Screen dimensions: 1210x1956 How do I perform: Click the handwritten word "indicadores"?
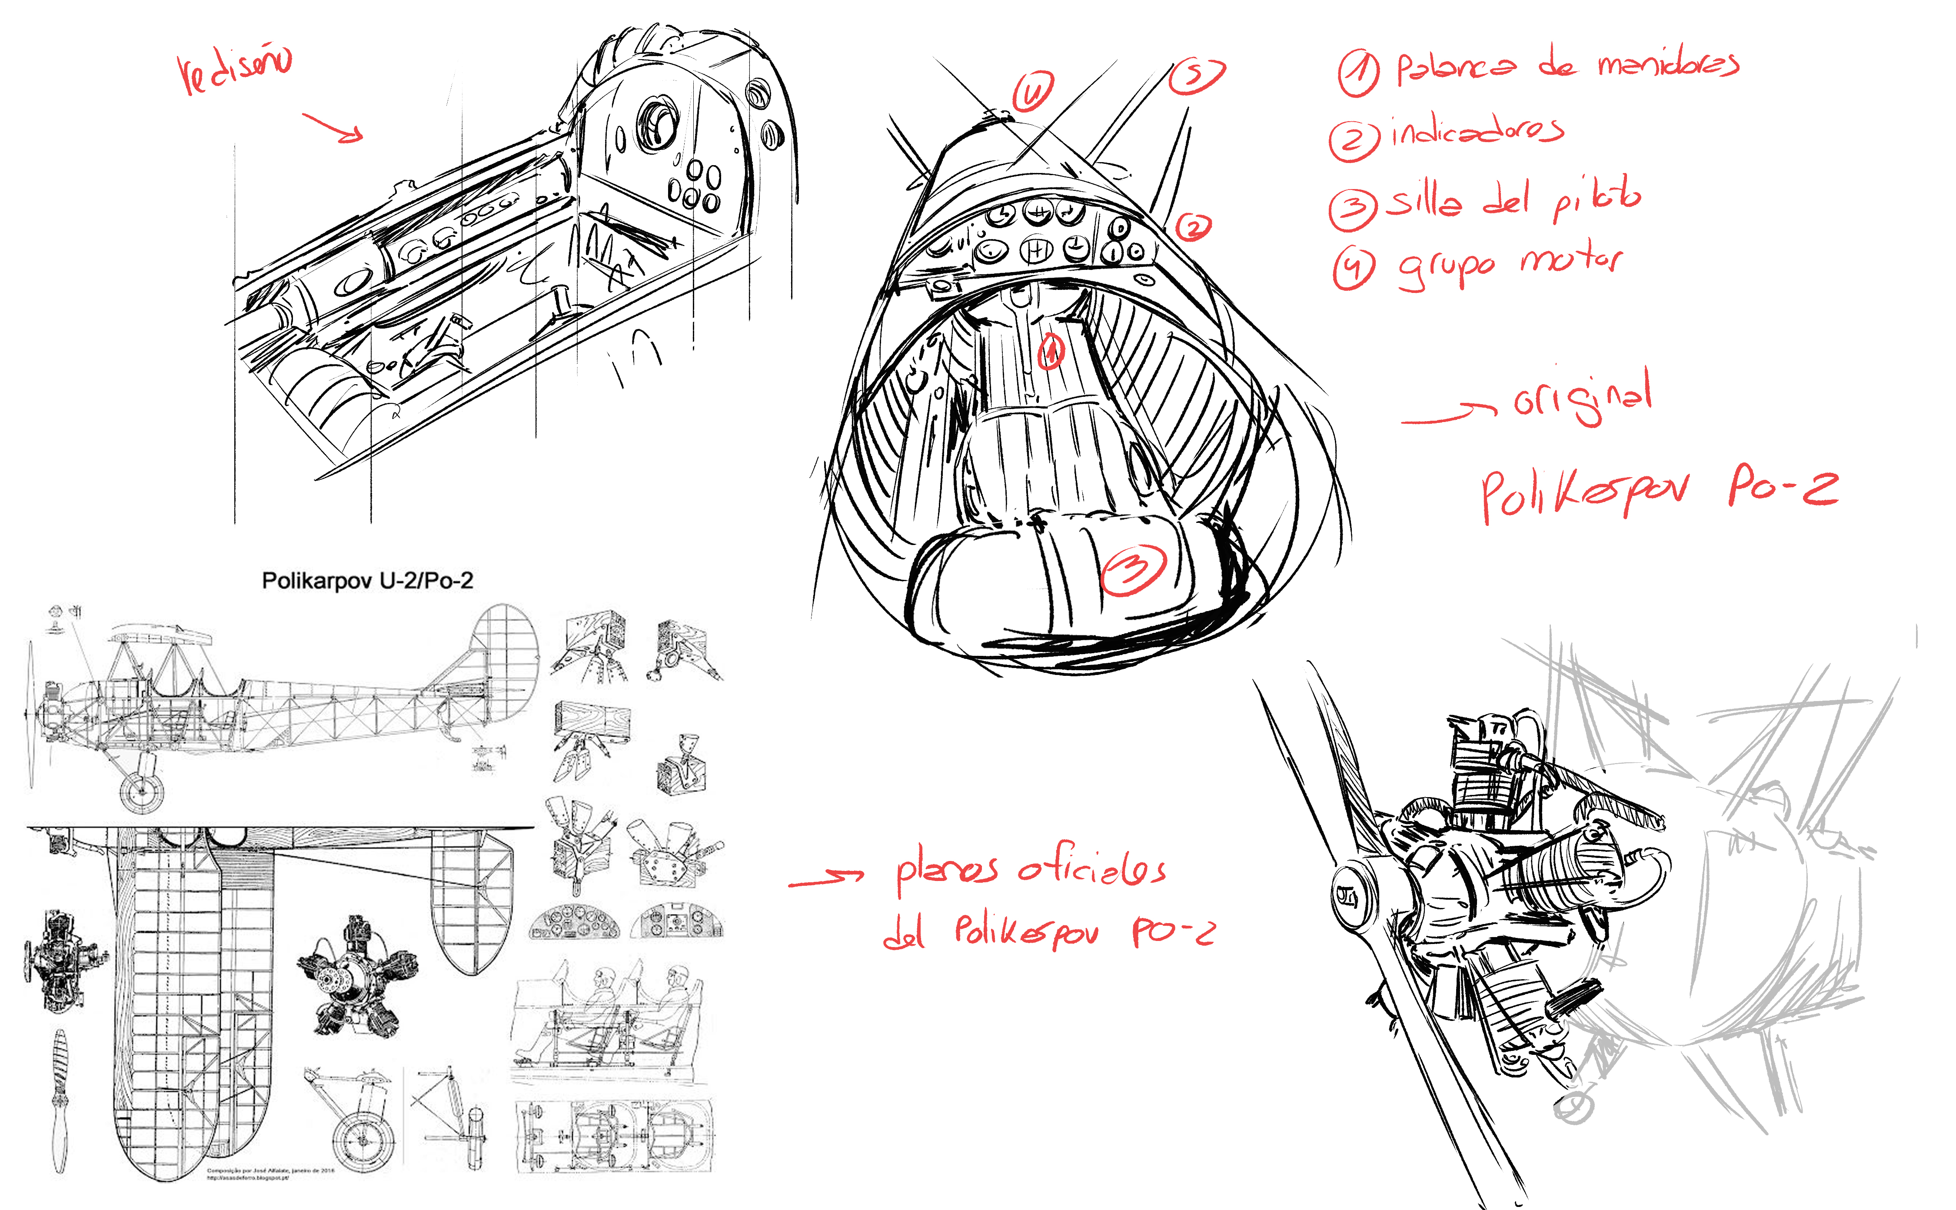pos(1477,133)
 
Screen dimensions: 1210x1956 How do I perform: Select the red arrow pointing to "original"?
pos(1447,415)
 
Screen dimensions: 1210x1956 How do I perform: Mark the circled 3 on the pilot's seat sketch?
pos(1134,570)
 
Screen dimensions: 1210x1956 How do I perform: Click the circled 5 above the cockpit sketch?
pos(1196,76)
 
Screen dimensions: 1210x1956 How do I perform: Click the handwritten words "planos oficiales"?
pos(1030,870)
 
